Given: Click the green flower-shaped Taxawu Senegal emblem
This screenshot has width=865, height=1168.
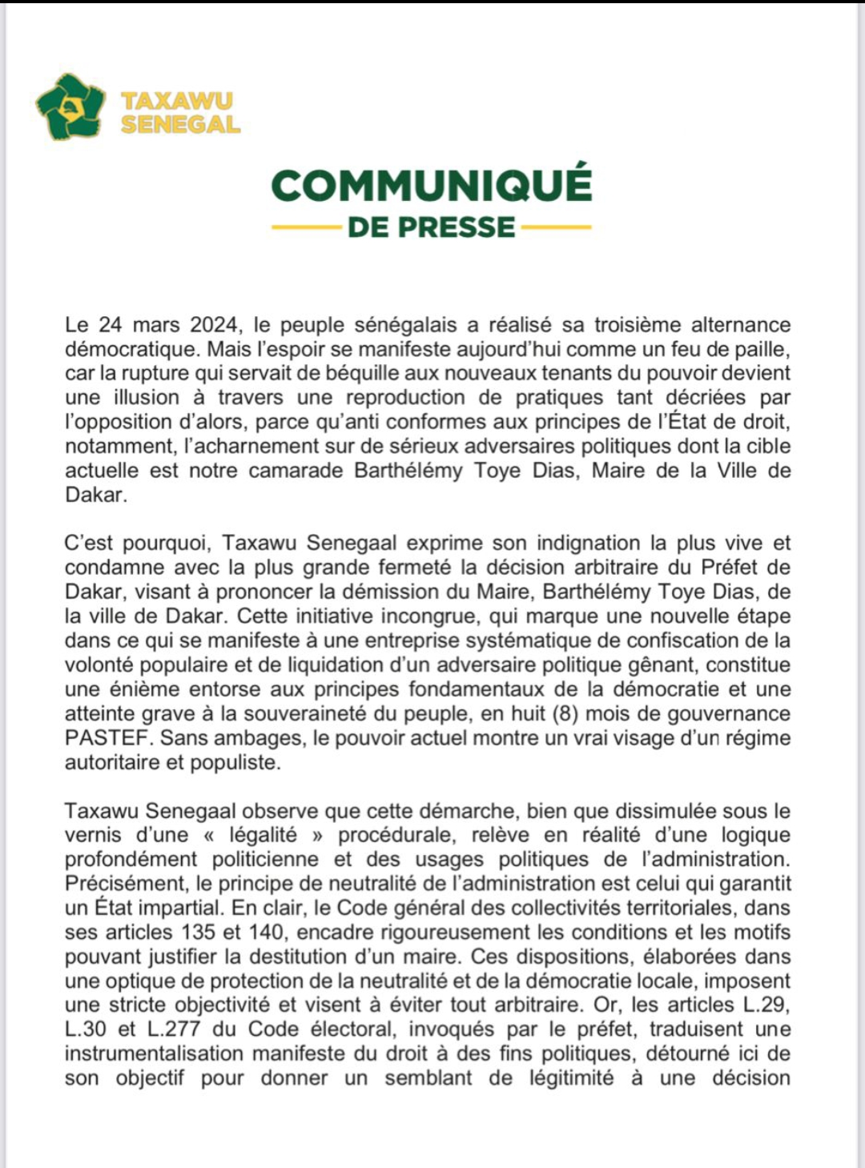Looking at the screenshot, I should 70,106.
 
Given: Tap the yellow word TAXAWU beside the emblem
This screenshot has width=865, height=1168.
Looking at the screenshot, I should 176,101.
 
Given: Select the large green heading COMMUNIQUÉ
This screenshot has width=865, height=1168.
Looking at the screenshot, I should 432,186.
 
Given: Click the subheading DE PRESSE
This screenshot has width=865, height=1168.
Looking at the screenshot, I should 431,227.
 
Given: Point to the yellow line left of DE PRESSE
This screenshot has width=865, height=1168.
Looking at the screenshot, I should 306,228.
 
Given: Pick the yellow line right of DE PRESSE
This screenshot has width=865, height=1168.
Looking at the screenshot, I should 556,228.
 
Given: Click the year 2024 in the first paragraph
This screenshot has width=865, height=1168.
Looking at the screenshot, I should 214,325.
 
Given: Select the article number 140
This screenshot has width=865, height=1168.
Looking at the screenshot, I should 266,932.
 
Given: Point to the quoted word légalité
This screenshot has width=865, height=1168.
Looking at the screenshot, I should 263,835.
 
